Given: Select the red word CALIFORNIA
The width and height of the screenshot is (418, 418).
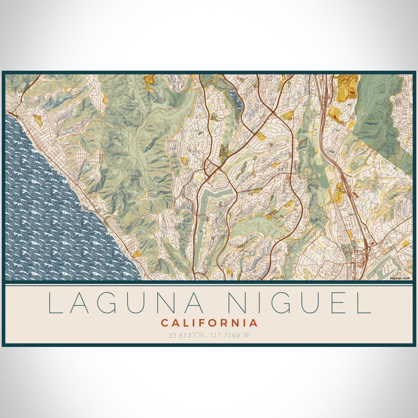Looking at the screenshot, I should click(209, 323).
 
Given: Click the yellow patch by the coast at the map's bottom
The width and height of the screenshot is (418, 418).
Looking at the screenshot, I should click(137, 254).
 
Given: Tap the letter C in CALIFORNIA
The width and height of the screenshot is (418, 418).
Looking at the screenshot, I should click(164, 323).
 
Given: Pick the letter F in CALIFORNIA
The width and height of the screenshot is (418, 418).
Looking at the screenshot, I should click(203, 323).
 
